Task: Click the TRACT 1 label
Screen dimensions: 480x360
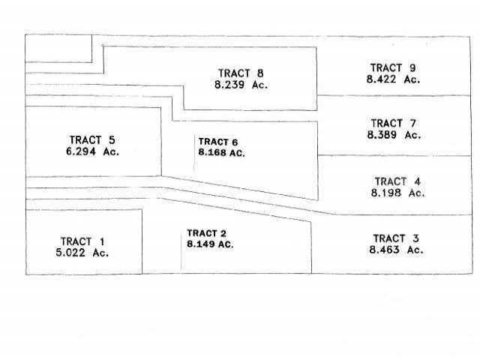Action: tap(82, 241)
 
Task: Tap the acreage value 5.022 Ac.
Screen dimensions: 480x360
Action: tap(82, 253)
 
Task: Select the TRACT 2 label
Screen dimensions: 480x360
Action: tap(207, 233)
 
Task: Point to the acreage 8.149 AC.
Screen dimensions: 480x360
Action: tap(210, 244)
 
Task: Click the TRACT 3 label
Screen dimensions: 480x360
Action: tap(396, 238)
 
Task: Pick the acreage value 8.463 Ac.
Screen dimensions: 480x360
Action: tap(397, 250)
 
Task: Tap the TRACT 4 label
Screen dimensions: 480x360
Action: tap(397, 181)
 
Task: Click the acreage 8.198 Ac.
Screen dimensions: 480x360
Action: tap(397, 193)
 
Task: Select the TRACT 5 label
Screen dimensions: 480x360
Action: tap(92, 140)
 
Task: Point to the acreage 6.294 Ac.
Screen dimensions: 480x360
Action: tap(92, 151)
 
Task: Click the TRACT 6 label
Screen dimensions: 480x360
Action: tap(218, 142)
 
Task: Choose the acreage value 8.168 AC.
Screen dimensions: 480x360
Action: tap(222, 152)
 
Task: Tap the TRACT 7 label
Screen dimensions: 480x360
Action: tap(394, 123)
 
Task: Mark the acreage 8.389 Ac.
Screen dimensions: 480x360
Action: tap(394, 135)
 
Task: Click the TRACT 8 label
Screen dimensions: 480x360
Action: tap(241, 73)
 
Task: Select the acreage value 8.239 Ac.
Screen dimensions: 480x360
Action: tap(241, 85)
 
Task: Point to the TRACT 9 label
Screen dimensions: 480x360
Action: tap(393, 67)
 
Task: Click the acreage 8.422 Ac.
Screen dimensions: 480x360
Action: tap(393, 79)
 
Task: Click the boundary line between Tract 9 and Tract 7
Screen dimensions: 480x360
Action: tap(394, 95)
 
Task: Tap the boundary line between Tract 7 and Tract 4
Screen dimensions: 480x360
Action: tap(394, 155)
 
